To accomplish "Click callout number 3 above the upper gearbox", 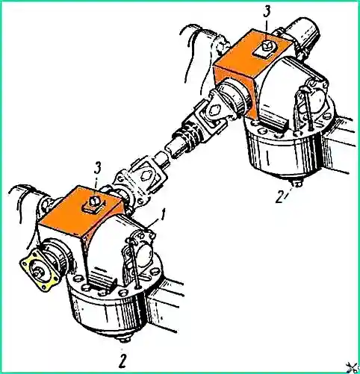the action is (267, 12).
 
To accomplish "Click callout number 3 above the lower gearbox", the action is (97, 169).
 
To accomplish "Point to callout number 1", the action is (162, 215).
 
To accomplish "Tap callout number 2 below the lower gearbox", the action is (122, 361).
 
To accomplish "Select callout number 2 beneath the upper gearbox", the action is (279, 197).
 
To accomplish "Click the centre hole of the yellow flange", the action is (38, 270).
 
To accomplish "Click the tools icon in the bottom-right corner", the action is (353, 367).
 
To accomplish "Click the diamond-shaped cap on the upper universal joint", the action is (214, 109).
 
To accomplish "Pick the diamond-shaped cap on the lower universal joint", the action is (146, 175).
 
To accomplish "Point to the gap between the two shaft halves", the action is (166, 155).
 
